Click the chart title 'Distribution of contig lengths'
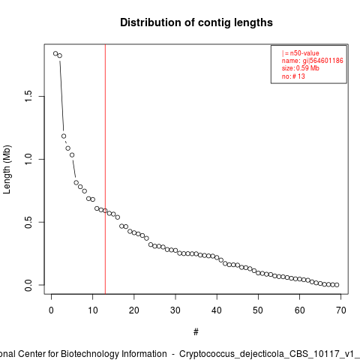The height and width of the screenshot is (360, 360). pos(196,22)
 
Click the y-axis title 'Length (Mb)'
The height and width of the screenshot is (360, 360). pos(7,169)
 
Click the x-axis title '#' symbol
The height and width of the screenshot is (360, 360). pos(196,332)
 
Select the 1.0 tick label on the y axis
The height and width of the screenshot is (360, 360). pos(28,159)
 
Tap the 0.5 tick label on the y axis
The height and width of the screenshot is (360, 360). pos(28,222)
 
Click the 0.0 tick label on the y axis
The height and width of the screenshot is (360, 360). pos(28,285)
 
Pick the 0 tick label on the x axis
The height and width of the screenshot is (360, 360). pos(51,310)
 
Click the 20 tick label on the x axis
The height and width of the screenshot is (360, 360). pos(134,310)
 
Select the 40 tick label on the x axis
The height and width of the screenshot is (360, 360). pos(217,310)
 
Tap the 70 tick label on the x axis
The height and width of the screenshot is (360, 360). pos(341,310)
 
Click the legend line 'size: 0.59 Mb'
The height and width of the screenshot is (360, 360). pos(301,68)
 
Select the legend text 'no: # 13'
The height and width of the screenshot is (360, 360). pos(293,76)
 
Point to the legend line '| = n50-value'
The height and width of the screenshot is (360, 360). pos(301,53)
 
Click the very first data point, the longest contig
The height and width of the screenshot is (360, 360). pos(55,53)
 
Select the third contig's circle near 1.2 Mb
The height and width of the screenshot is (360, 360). pos(64,136)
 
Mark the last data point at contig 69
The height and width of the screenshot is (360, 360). pos(337,285)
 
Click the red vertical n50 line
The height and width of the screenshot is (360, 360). pos(105,169)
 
